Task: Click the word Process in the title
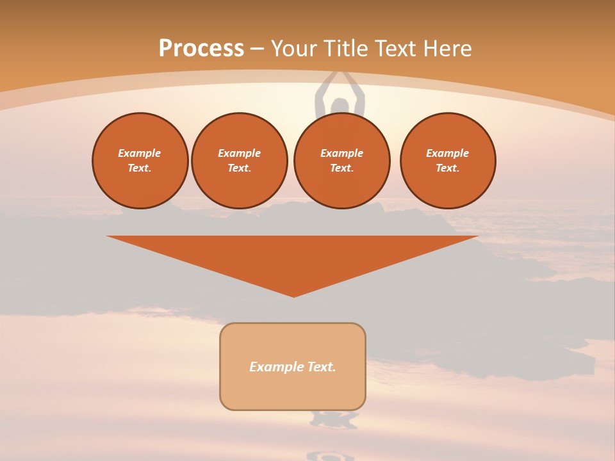(x=201, y=49)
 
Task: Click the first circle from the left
(x=140, y=161)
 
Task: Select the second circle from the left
(x=240, y=161)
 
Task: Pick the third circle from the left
(x=342, y=161)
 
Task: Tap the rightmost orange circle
(x=448, y=161)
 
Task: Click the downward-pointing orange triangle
(x=293, y=256)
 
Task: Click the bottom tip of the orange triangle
(x=293, y=296)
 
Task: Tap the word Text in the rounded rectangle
(x=321, y=367)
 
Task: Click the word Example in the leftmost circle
(x=140, y=153)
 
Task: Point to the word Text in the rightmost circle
(x=447, y=168)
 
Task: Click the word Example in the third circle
(x=342, y=153)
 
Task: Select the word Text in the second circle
(x=239, y=168)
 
